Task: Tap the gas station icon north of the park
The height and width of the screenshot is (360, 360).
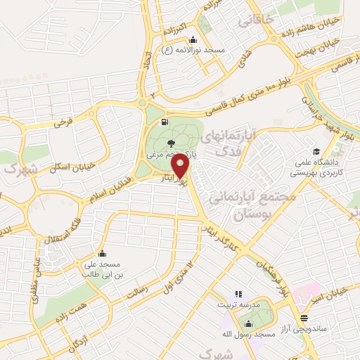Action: (165, 122)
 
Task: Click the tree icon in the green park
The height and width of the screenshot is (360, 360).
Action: (172, 143)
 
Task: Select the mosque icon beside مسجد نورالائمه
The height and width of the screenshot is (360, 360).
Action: (193, 39)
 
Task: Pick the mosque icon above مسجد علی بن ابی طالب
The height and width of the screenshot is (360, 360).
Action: (103, 254)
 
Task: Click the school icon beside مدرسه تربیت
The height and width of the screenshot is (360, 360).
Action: (238, 294)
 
